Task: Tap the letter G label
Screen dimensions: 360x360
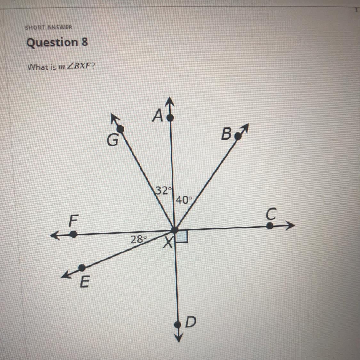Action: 112,140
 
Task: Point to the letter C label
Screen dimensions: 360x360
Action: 271,214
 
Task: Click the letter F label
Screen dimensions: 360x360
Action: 74,221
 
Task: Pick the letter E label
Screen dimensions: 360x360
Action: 84,282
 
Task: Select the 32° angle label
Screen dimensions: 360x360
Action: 162,190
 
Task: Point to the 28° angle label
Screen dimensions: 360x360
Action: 138,239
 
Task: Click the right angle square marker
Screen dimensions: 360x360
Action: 182,237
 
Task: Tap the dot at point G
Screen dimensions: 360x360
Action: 120,129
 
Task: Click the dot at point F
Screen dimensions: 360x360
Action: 74,235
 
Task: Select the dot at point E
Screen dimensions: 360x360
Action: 82,267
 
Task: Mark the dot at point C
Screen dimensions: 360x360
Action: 270,226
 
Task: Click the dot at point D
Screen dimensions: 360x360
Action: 178,325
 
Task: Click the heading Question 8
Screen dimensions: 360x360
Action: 57,42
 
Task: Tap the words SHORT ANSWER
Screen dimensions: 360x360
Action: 49,27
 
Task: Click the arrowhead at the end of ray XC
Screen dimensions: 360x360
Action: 290,226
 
